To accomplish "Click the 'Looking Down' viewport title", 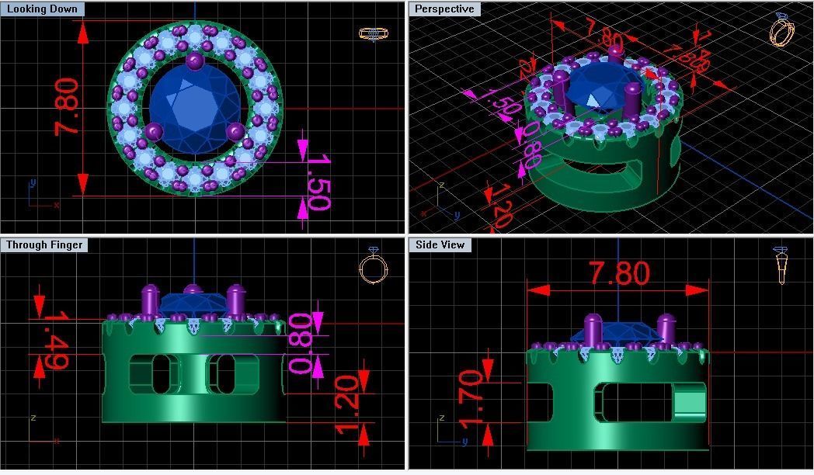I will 42,9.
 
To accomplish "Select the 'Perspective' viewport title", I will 444,9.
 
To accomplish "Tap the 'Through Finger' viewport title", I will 44,244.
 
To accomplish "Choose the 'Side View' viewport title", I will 440,244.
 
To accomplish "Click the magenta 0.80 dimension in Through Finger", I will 300,342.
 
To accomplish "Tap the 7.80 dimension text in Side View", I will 618,273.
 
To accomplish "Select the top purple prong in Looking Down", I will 195,61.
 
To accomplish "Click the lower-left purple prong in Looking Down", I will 154,132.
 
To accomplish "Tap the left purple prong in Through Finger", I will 150,300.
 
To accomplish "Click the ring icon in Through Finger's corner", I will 374,267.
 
